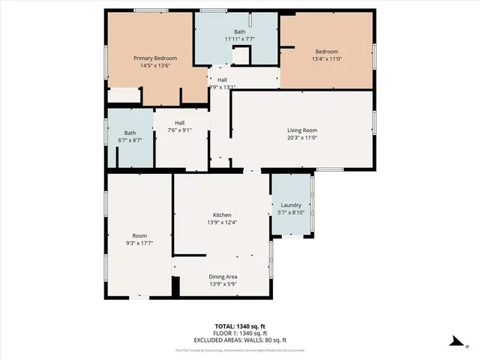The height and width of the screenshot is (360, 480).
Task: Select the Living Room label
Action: pyautogui.click(x=302, y=130)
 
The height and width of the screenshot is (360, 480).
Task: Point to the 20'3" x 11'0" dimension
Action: pyautogui.click(x=302, y=137)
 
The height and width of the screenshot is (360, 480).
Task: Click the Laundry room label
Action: pyautogui.click(x=291, y=205)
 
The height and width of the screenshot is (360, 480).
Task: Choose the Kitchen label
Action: pyautogui.click(x=221, y=215)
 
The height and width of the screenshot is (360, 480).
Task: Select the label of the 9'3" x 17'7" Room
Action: pyautogui.click(x=139, y=235)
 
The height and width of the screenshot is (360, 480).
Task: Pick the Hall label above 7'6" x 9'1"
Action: pyautogui.click(x=180, y=123)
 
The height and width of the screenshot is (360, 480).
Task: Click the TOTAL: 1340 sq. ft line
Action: pyautogui.click(x=240, y=326)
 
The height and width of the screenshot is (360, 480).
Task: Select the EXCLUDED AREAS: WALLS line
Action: pyautogui.click(x=240, y=340)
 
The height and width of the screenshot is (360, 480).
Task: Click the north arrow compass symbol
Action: pyautogui.click(x=454, y=341)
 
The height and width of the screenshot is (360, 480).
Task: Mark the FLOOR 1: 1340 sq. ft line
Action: pyautogui.click(x=240, y=333)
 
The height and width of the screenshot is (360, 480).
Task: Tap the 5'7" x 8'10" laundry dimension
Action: pyautogui.click(x=291, y=213)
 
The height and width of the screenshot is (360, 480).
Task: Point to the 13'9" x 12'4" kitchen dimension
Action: pyautogui.click(x=221, y=223)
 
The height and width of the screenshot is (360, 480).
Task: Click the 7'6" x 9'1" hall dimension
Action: pyautogui.click(x=180, y=130)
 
